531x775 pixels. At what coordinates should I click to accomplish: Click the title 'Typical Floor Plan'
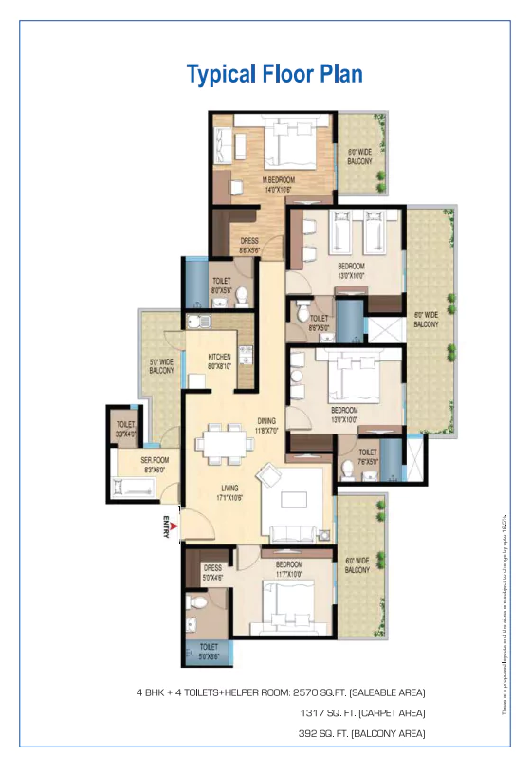(x=274, y=74)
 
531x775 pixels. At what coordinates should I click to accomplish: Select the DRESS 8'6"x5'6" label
(x=249, y=245)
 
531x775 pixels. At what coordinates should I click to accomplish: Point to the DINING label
(x=266, y=425)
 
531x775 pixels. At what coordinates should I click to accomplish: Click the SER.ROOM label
(x=127, y=464)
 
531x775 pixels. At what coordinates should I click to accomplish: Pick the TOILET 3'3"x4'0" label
(x=126, y=428)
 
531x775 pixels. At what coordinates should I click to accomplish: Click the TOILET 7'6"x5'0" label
(x=368, y=456)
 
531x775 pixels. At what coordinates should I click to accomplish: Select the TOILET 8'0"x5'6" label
(x=223, y=285)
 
